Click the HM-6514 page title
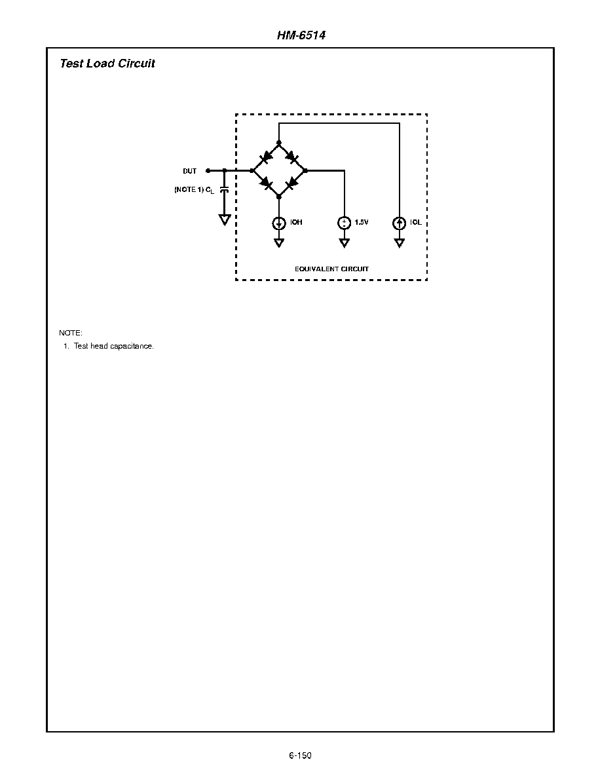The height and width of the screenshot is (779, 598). [x=301, y=35]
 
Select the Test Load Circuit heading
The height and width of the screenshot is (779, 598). [x=107, y=63]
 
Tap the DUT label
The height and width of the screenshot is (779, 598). [x=190, y=171]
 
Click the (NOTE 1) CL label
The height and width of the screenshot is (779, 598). [x=194, y=190]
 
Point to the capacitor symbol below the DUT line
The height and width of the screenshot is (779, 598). [x=225, y=190]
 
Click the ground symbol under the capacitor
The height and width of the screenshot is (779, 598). [x=225, y=219]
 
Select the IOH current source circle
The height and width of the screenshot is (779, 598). [x=278, y=223]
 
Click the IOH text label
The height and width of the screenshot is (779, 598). [x=296, y=222]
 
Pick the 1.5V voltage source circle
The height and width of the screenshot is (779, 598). [x=344, y=223]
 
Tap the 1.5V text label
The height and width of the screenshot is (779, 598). [x=362, y=222]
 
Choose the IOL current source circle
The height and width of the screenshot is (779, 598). [x=400, y=223]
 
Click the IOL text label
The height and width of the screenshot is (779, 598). [x=416, y=222]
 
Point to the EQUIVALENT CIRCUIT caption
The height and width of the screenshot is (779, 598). [x=332, y=269]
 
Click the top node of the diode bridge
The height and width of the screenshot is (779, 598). [x=278, y=143]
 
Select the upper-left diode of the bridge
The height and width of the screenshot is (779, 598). [x=266, y=155]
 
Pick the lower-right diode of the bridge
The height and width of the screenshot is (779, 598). [x=292, y=183]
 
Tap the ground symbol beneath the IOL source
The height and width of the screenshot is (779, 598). [x=400, y=242]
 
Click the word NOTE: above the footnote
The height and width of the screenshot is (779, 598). [x=71, y=333]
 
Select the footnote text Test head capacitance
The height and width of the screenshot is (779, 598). [x=114, y=347]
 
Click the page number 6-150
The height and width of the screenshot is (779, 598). [x=300, y=755]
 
